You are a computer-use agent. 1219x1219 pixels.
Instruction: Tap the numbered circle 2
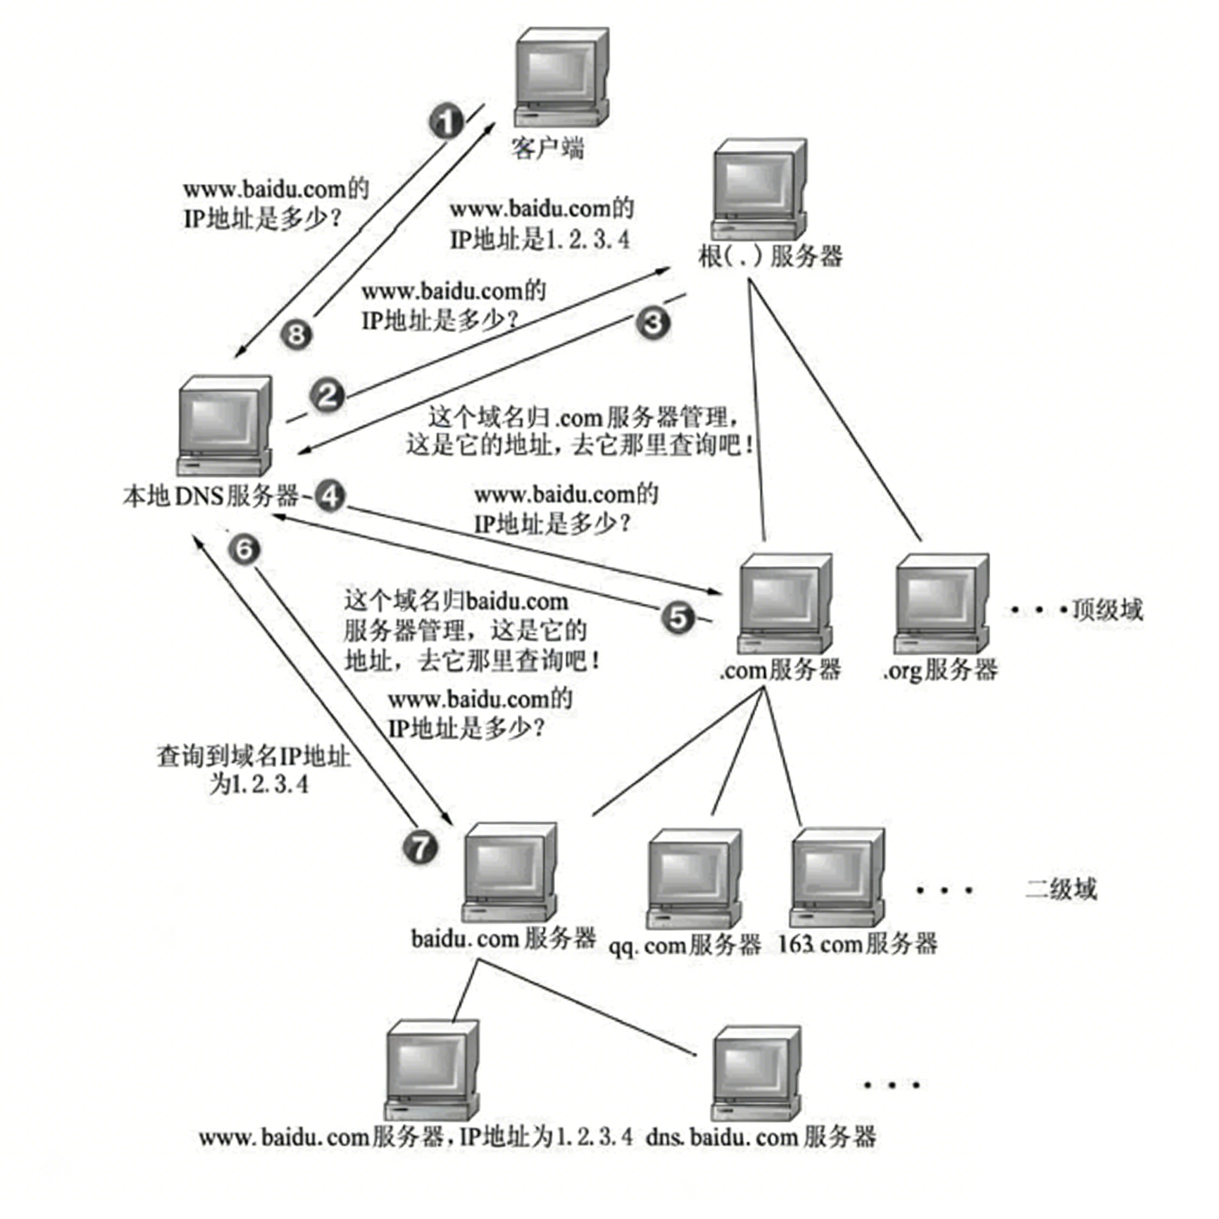tap(327, 396)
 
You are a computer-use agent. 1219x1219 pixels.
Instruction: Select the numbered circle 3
tap(652, 323)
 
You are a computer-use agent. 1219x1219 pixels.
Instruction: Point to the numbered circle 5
tap(677, 618)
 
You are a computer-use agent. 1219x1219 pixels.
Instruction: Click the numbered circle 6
tap(244, 549)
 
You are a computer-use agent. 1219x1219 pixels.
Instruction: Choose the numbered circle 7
tap(420, 847)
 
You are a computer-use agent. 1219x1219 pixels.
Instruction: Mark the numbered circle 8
tap(296, 334)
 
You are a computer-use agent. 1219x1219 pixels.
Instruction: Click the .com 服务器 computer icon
tap(784, 603)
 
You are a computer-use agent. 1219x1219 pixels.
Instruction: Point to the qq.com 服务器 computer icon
tap(693, 879)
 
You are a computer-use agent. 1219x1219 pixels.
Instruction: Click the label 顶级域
tap(1107, 610)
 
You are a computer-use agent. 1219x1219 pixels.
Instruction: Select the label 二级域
tap(1061, 889)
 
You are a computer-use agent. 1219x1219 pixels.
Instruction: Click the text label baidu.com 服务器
tap(504, 938)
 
